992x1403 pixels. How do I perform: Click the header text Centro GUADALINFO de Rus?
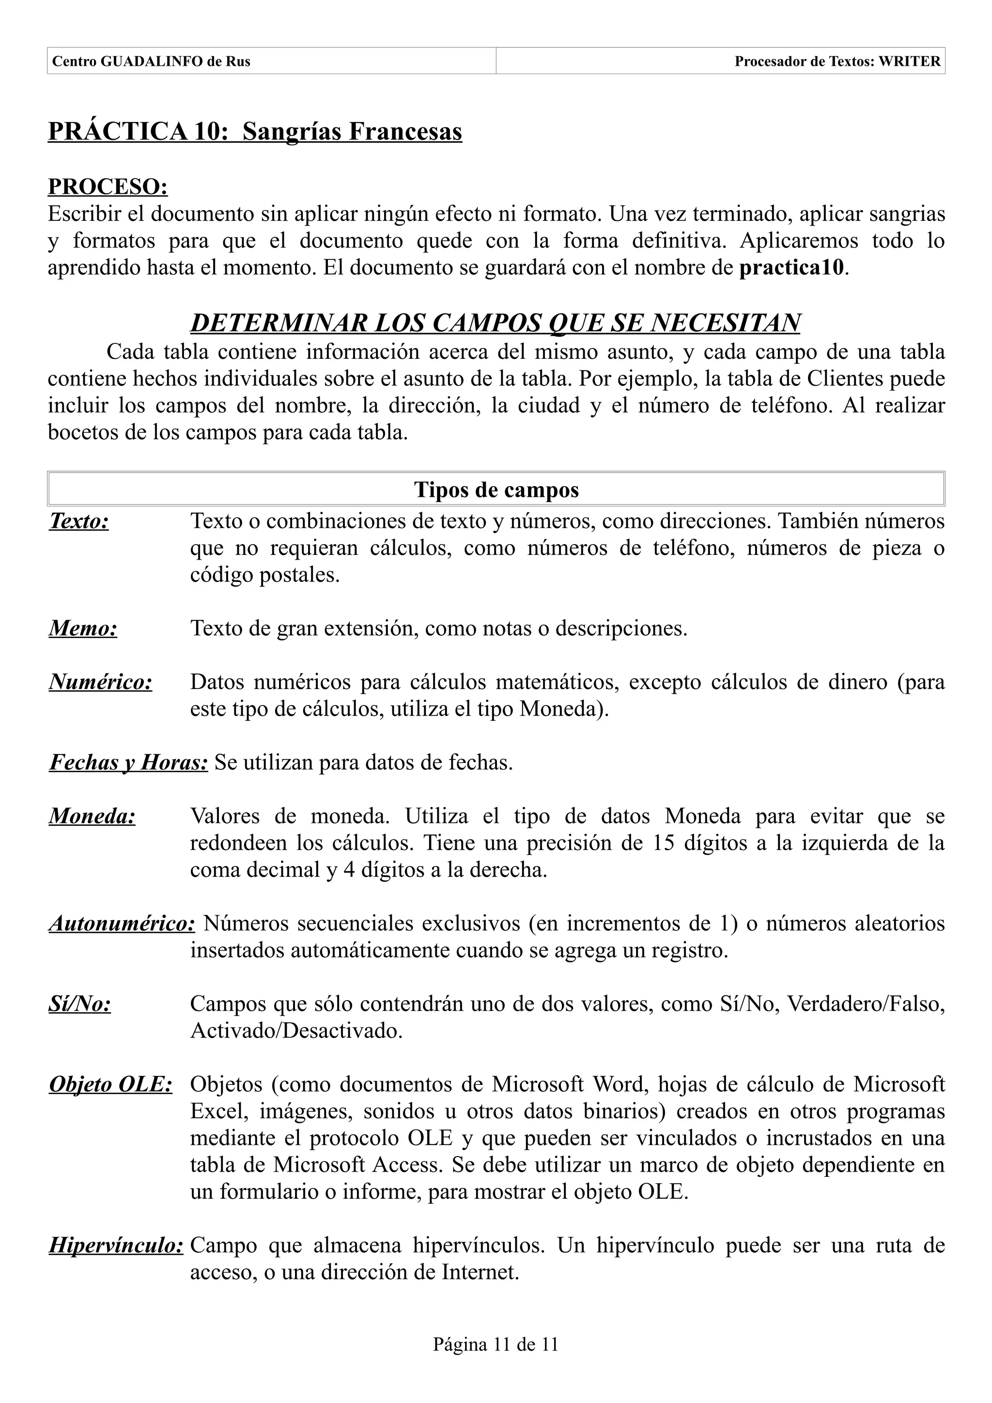[x=151, y=61]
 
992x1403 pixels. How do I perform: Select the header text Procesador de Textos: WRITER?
[x=837, y=61]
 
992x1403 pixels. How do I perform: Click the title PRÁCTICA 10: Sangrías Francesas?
[x=255, y=131]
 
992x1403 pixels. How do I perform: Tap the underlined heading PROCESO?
[x=108, y=186]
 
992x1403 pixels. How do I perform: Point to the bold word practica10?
[x=792, y=268]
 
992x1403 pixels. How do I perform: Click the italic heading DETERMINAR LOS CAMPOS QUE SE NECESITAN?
[x=495, y=322]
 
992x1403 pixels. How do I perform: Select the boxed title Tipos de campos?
[x=496, y=489]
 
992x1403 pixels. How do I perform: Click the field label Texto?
[x=79, y=521]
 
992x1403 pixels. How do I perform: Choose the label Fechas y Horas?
[x=128, y=762]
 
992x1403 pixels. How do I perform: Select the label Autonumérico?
[x=122, y=923]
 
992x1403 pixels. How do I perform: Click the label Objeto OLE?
[x=110, y=1084]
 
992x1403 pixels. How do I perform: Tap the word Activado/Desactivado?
[x=296, y=1030]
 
